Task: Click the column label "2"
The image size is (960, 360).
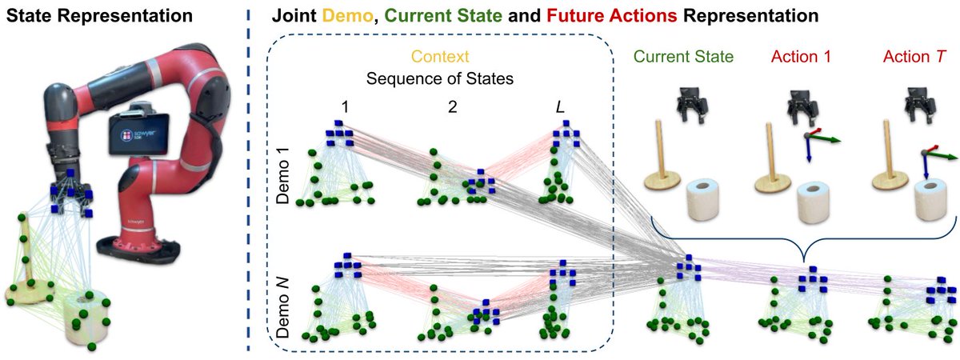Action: click(x=454, y=106)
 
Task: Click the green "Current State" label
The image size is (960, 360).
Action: click(x=681, y=58)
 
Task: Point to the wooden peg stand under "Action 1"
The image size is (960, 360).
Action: click(x=770, y=165)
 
